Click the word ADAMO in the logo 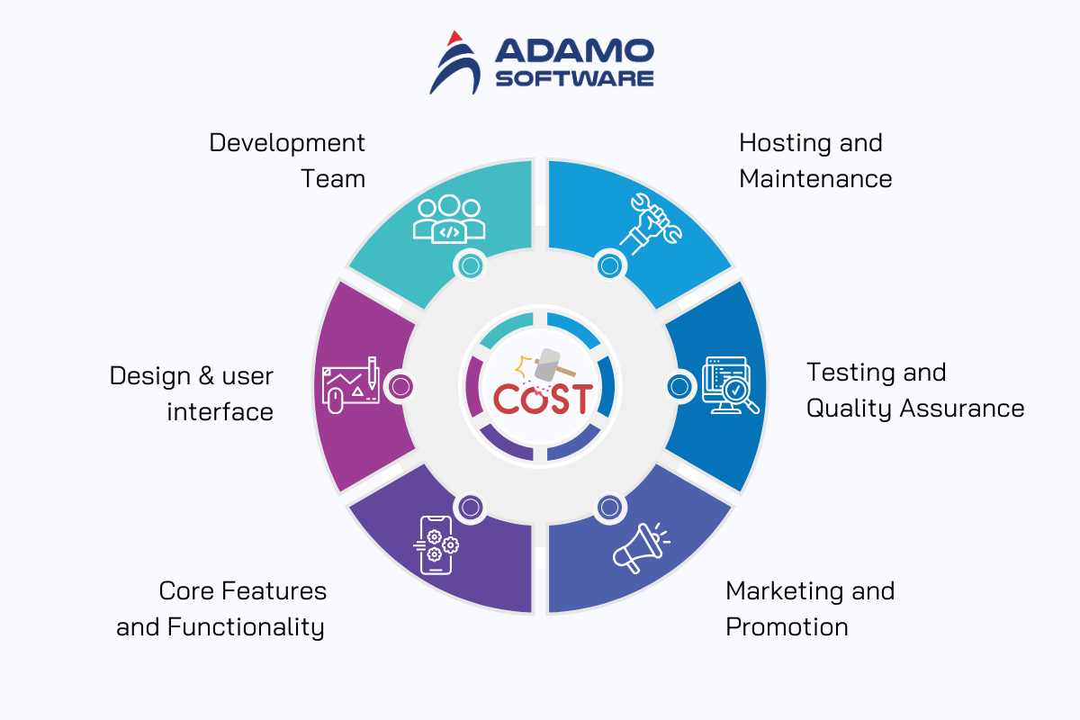tap(574, 50)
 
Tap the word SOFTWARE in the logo tap(574, 78)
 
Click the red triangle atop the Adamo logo tap(454, 38)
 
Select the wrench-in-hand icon tap(651, 224)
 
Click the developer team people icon tap(449, 219)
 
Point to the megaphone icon tap(641, 548)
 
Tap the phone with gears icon tap(436, 545)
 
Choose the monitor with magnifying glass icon tap(730, 385)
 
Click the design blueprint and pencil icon tap(350, 385)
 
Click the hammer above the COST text tap(553, 366)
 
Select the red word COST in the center tap(543, 399)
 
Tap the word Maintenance tap(815, 179)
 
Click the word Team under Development tap(333, 179)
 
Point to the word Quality tap(849, 409)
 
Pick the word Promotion tap(787, 627)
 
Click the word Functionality tap(246, 628)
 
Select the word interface tap(220, 412)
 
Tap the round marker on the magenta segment tap(400, 386)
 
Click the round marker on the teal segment tap(471, 265)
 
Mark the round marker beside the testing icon tap(679, 386)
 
